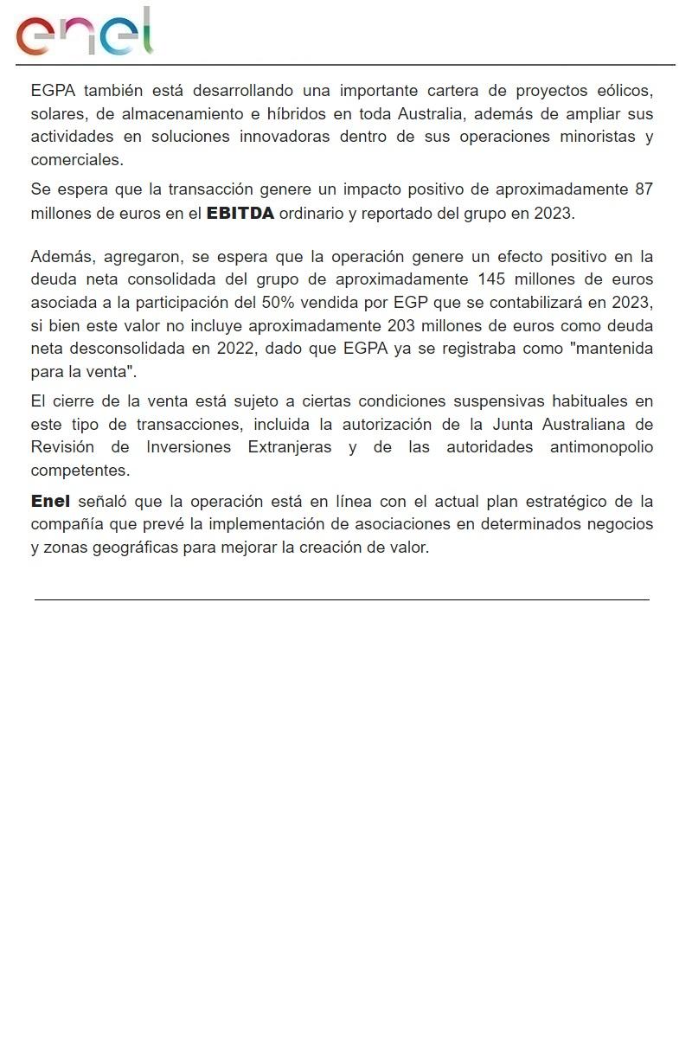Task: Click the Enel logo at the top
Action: tap(85, 33)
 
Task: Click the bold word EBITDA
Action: tap(240, 214)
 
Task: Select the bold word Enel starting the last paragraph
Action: tap(50, 502)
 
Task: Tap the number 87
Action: tap(644, 189)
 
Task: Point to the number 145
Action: tap(492, 279)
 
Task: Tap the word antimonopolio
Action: tap(602, 447)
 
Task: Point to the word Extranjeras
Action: tap(290, 447)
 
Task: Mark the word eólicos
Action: tap(625, 91)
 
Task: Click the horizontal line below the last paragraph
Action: tap(342, 599)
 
